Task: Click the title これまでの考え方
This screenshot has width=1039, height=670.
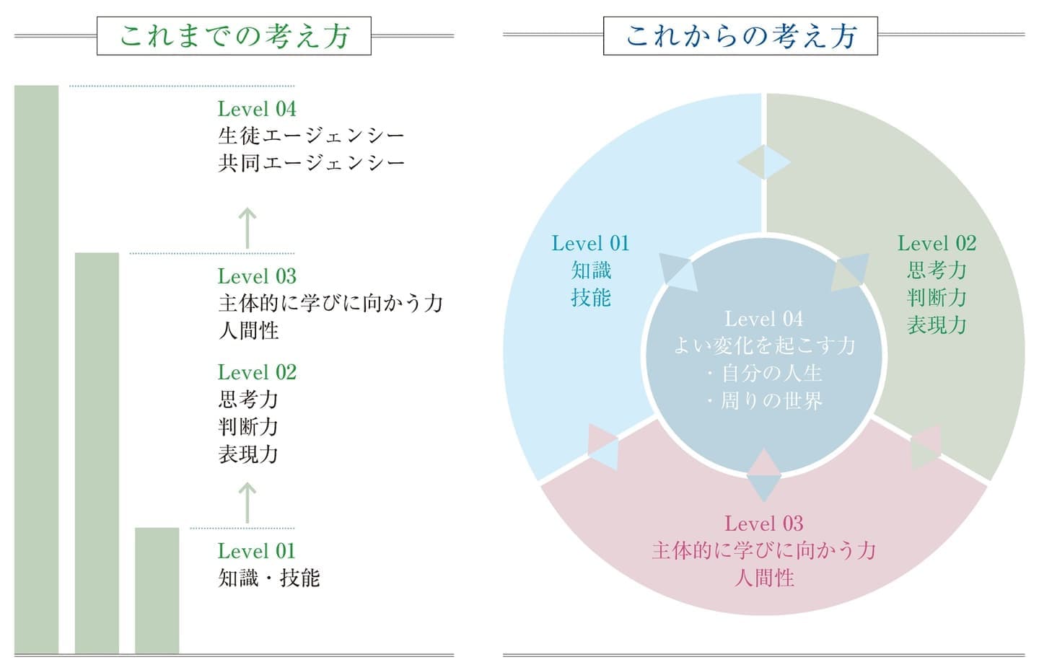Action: click(234, 36)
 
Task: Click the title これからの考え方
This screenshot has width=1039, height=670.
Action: click(741, 36)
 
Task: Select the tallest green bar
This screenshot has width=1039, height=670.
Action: click(37, 369)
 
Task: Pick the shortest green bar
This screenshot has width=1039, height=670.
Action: click(157, 590)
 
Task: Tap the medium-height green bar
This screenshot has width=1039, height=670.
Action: click(97, 453)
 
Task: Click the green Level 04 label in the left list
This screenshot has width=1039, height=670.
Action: click(257, 110)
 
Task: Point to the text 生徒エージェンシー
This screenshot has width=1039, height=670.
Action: click(311, 136)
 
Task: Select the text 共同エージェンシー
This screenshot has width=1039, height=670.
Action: click(311, 163)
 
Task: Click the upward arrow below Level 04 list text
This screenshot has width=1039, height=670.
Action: click(247, 228)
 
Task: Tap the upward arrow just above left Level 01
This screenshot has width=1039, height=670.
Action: click(247, 503)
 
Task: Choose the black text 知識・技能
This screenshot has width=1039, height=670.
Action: click(269, 578)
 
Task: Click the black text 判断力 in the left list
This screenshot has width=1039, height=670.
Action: click(248, 427)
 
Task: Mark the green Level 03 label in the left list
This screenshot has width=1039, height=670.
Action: click(257, 277)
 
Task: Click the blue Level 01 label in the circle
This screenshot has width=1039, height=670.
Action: click(590, 244)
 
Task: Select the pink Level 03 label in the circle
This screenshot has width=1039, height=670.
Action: click(764, 524)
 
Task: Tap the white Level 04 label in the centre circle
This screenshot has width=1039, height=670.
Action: click(764, 319)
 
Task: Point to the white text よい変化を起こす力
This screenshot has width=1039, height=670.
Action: click(764, 346)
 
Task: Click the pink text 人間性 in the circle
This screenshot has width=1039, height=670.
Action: click(764, 578)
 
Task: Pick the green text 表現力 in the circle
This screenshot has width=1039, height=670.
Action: click(937, 325)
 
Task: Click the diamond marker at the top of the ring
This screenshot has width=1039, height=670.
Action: click(764, 162)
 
